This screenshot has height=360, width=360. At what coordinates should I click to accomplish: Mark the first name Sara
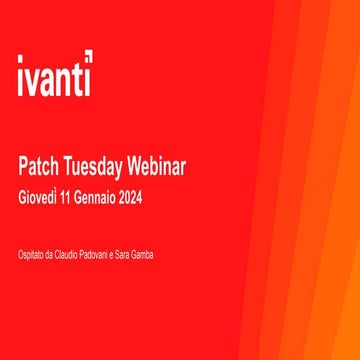(x=130, y=255)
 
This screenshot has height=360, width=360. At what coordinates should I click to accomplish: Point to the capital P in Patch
(x=23, y=165)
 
